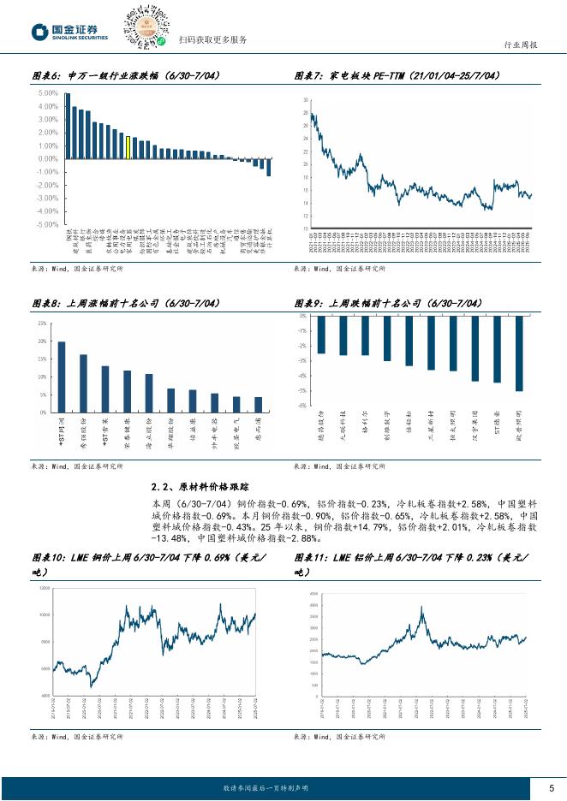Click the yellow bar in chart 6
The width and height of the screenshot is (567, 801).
pyautogui.click(x=128, y=148)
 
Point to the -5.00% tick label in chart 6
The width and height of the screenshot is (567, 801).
pyautogui.click(x=47, y=224)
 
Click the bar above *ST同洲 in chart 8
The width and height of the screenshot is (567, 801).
pyautogui.click(x=62, y=377)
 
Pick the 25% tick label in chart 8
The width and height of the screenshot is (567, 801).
pyautogui.click(x=42, y=323)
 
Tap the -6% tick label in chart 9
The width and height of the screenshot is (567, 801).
pyautogui.click(x=302, y=406)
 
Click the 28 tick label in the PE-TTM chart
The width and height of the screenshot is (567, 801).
pyautogui.click(x=305, y=114)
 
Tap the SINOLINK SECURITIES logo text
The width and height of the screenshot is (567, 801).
pyautogui.click(x=81, y=39)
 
